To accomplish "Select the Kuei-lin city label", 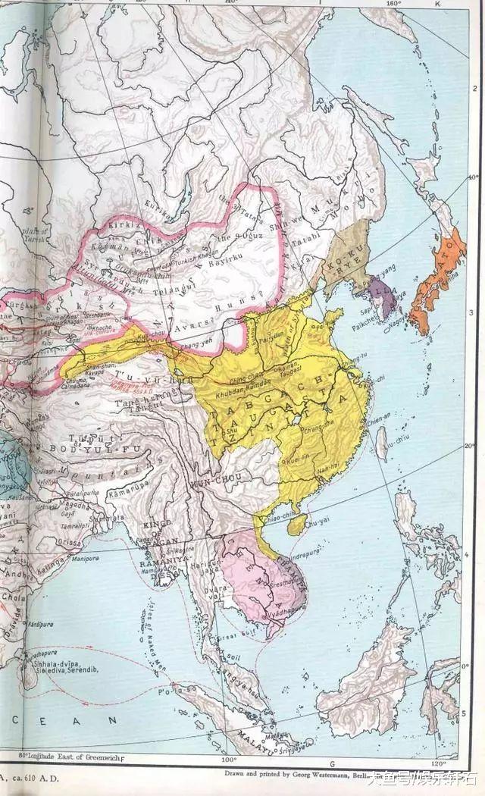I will (299, 460).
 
